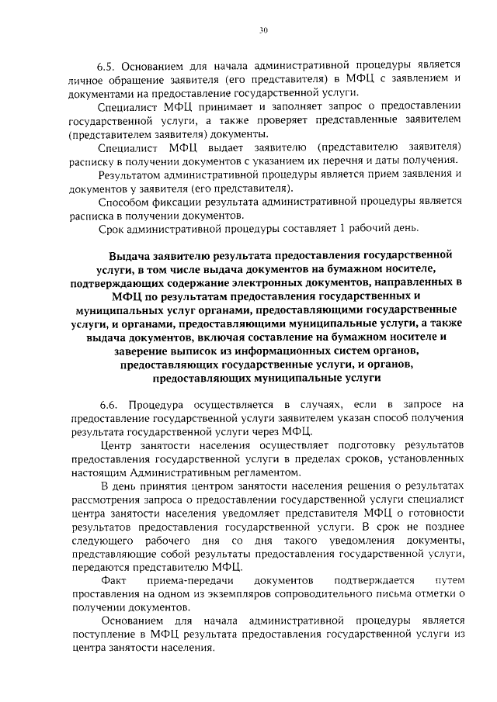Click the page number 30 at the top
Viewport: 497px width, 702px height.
click(263, 30)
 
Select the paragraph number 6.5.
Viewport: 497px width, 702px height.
click(109, 66)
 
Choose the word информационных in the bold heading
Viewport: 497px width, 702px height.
click(249, 354)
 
